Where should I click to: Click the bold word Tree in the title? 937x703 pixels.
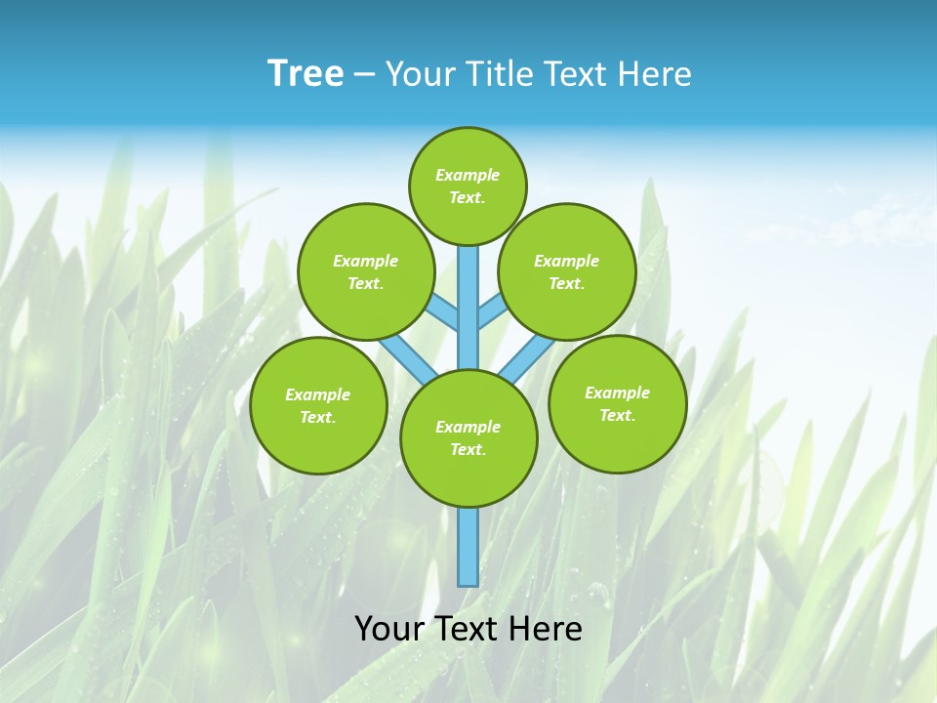click(x=306, y=74)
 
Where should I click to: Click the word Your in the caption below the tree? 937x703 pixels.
click(x=387, y=629)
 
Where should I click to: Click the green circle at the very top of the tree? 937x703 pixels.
click(x=468, y=186)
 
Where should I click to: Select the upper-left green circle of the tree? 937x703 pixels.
click(x=365, y=271)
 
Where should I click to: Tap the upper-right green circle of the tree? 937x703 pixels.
click(x=567, y=271)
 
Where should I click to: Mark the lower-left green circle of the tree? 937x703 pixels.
click(x=318, y=405)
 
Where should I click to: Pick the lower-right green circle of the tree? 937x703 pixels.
click(x=617, y=403)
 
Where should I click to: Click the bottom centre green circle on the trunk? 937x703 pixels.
click(x=468, y=438)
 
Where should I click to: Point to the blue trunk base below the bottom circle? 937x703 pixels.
click(x=468, y=547)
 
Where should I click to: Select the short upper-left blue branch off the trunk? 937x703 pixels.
click(x=443, y=312)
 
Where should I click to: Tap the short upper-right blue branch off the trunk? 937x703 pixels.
click(x=492, y=310)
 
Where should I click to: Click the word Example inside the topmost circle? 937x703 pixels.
click(x=468, y=175)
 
